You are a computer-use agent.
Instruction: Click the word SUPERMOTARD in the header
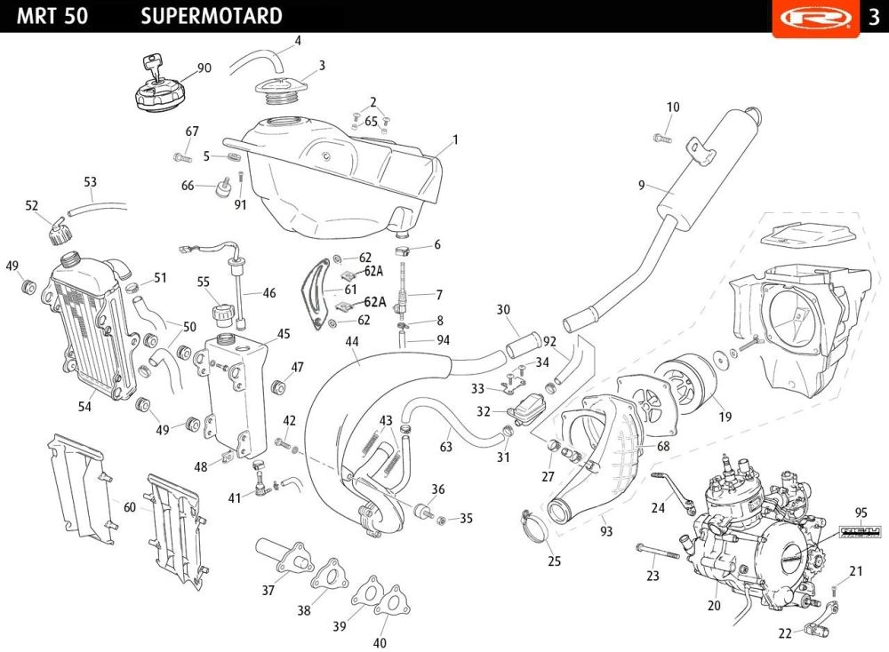point(212,16)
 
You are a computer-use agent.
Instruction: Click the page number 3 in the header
point(873,17)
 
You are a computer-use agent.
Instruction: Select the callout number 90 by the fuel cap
point(204,68)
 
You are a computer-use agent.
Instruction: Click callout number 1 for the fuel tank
point(455,139)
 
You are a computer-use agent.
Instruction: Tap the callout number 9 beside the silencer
point(641,186)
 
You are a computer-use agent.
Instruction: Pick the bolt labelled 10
point(661,139)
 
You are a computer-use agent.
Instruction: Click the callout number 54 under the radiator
point(84,406)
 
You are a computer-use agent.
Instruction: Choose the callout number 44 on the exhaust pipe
point(352,341)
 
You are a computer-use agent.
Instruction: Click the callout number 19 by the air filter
point(725,415)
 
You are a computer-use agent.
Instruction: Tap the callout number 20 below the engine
point(713,606)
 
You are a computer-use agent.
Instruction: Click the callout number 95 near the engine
point(861,513)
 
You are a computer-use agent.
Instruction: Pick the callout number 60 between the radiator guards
point(130,506)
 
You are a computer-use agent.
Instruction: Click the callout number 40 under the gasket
point(380,643)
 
